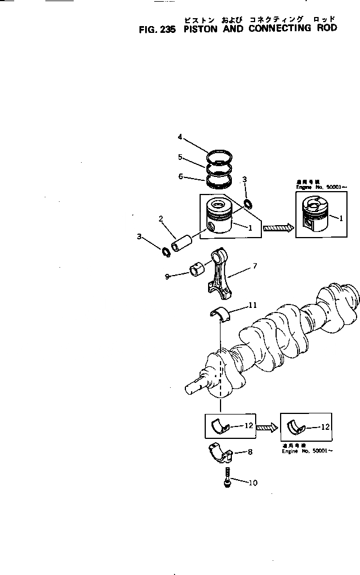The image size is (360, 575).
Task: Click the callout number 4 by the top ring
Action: click(180, 137)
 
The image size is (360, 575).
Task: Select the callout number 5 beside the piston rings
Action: click(180, 157)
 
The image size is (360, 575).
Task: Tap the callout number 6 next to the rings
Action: click(180, 176)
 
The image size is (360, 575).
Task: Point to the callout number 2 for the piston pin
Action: click(161, 218)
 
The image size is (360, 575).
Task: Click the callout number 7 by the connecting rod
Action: click(255, 265)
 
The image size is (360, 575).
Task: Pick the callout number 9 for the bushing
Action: click(167, 276)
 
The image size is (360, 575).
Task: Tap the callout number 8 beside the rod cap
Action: click(250, 453)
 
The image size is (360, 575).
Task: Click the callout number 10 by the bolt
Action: click(253, 483)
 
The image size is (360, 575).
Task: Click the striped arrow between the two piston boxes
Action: click(277, 228)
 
